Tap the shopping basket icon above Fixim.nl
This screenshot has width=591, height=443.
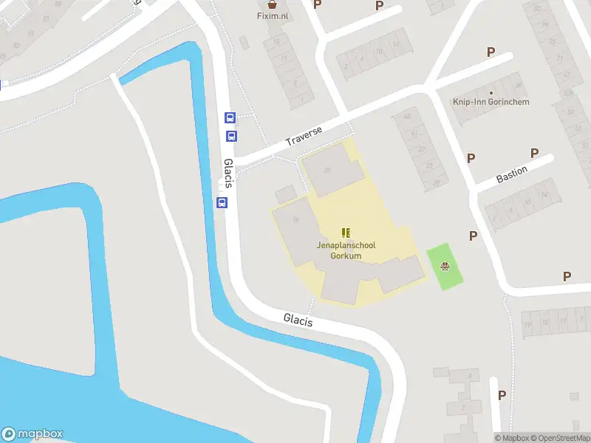point(273,4)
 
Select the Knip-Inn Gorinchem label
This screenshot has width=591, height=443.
point(491,102)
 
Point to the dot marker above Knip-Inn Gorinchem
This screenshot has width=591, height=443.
point(491,92)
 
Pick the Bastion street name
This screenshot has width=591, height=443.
point(511,175)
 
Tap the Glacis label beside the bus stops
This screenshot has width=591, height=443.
point(228,172)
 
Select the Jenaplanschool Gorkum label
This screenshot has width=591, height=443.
point(344,250)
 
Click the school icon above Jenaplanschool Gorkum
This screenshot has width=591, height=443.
point(345,233)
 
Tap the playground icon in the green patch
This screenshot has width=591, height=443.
point(445,267)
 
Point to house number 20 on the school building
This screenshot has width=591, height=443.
point(327,170)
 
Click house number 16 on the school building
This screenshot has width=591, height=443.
point(296,219)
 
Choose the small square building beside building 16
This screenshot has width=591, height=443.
point(285,195)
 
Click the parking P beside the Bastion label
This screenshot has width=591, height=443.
point(534,153)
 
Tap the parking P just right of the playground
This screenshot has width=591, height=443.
point(473,236)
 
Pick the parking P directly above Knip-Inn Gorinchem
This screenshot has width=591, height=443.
point(490,52)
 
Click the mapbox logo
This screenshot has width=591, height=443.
point(33,434)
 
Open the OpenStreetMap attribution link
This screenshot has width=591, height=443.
point(562,438)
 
